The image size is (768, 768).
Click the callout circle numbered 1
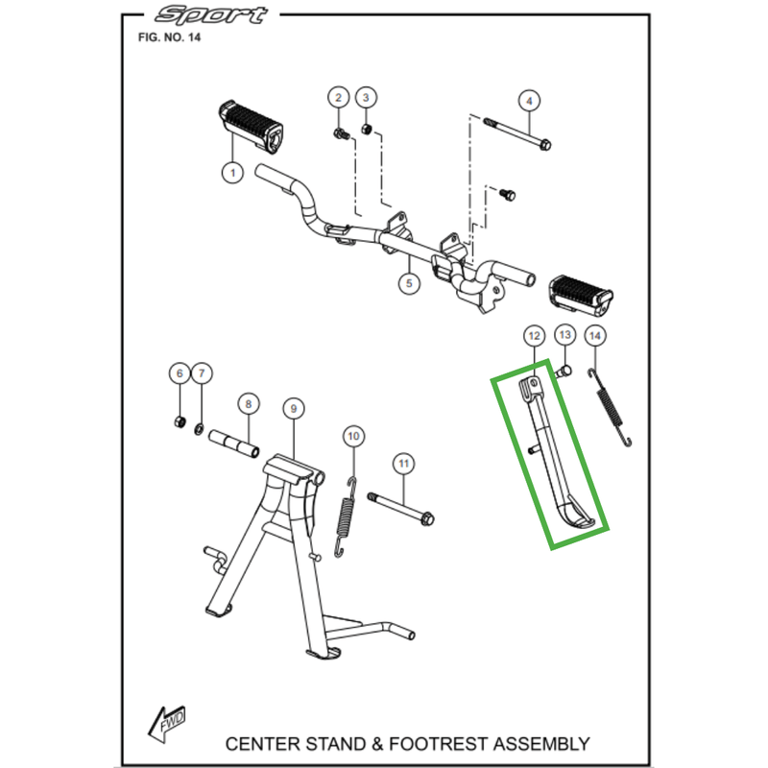point(230,173)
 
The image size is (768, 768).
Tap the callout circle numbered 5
point(408,283)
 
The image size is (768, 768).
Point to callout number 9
point(292,409)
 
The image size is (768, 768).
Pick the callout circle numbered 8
point(247,404)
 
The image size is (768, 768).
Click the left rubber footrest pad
point(252,125)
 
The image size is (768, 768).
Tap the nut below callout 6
point(180,422)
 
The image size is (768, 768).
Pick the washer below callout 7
point(200,427)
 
